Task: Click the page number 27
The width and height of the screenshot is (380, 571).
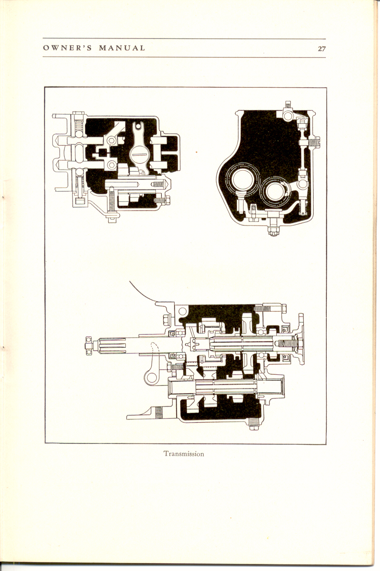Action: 322,48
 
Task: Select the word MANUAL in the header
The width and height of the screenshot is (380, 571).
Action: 122,48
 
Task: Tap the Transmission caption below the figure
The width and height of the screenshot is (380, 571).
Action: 184,454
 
